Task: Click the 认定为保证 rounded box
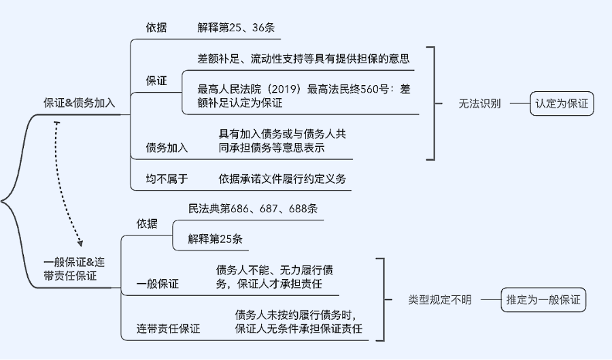[561, 104]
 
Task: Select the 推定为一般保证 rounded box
[544, 299]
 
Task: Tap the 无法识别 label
[479, 104]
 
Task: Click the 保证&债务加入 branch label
[80, 103]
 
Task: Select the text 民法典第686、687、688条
[252, 209]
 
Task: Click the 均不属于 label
[167, 179]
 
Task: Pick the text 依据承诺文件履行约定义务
[282, 179]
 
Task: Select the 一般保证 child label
[157, 284]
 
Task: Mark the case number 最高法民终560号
[350, 89]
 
